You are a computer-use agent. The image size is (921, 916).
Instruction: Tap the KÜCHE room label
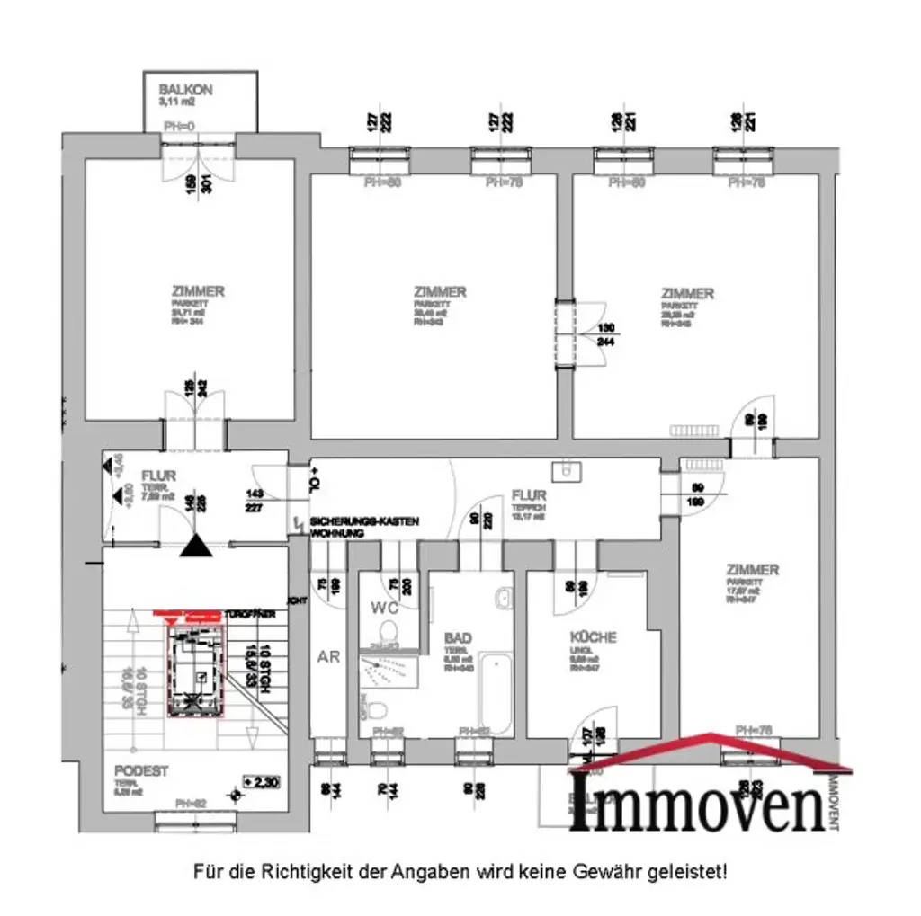click(x=592, y=637)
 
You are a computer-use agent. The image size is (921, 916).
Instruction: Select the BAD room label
click(x=458, y=638)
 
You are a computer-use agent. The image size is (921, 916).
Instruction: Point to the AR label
click(x=329, y=656)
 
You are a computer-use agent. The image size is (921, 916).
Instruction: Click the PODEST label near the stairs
click(x=141, y=771)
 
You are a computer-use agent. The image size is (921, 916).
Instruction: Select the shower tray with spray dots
click(x=390, y=671)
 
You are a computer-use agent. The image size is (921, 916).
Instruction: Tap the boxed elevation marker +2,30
click(x=261, y=782)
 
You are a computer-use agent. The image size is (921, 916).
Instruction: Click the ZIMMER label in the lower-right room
click(x=753, y=570)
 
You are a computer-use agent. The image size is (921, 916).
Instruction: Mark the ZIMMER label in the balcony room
click(x=199, y=291)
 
